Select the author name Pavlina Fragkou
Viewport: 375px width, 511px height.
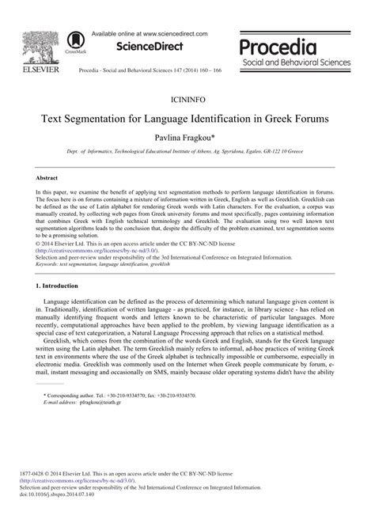tap(187, 139)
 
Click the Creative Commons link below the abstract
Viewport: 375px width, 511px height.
tap(87, 228)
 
